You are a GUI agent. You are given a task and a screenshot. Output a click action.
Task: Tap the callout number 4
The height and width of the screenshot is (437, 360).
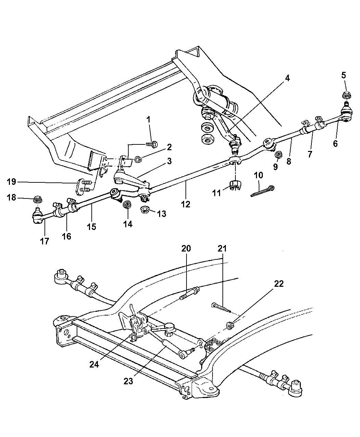tap(287, 78)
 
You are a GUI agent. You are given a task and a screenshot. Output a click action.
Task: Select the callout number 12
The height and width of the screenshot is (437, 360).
tap(186, 204)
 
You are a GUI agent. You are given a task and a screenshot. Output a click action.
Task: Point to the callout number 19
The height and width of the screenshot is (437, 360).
tap(11, 181)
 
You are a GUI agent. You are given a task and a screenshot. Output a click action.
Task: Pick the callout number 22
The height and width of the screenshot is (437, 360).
tap(279, 284)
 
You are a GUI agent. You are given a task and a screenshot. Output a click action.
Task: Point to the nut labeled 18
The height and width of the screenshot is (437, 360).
tap(37, 198)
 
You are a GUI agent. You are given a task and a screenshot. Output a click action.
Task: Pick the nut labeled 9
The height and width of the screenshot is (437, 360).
tap(278, 155)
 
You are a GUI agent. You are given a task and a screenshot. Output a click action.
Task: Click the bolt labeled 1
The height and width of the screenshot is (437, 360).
tap(152, 145)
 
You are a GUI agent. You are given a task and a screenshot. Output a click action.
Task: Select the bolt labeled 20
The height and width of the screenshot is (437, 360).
tap(188, 293)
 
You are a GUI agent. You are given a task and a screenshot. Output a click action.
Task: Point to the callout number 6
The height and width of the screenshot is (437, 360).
tap(335, 144)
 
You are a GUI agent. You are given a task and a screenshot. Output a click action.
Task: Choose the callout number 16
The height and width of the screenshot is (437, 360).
tap(67, 236)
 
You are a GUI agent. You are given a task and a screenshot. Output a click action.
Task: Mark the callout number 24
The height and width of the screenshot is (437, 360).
tap(94, 365)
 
